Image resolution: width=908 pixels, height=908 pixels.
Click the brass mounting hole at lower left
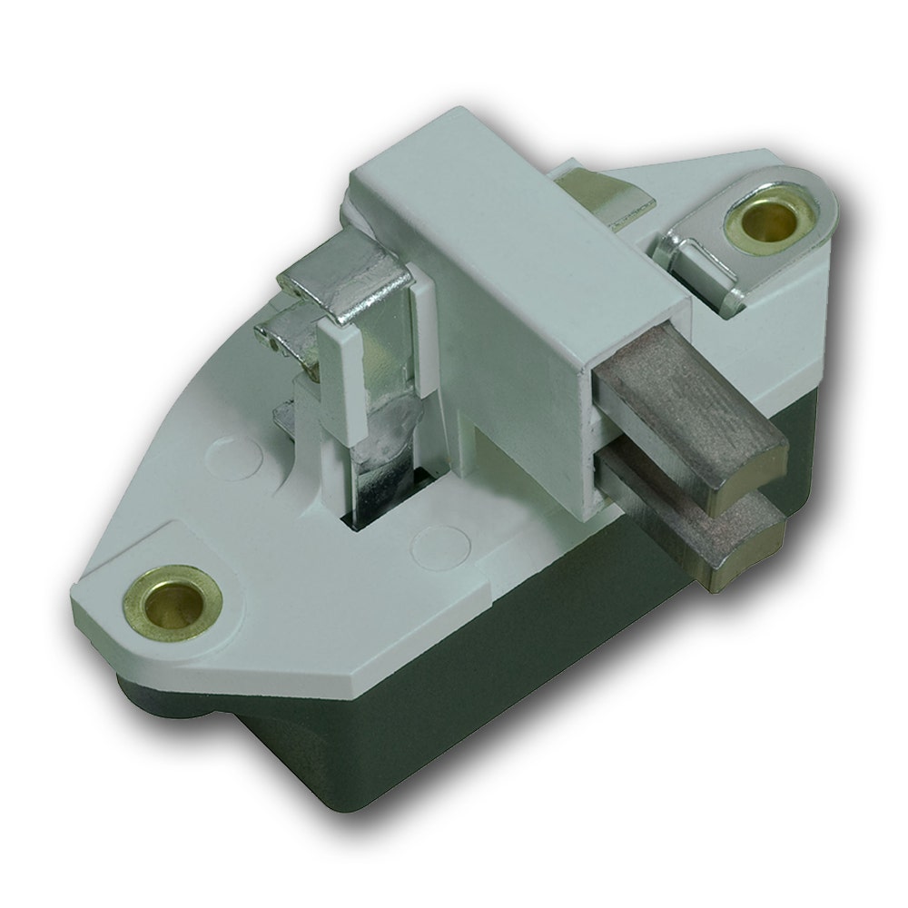coord(173,599)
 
